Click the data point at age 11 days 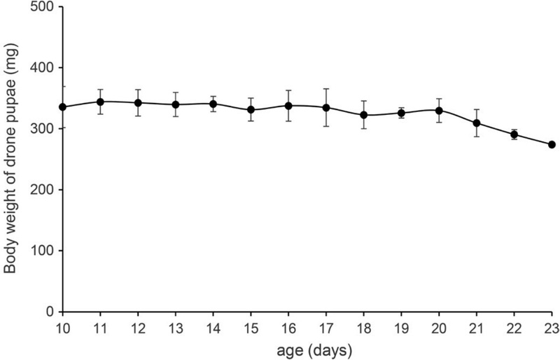(x=101, y=102)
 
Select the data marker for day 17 (x=326, y=107)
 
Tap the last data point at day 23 (x=552, y=144)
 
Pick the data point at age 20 (x=439, y=110)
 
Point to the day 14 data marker (x=213, y=104)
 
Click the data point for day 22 (x=514, y=134)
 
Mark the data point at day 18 (x=364, y=115)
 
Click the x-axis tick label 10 (x=63, y=327)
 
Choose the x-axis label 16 (x=288, y=327)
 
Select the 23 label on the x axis (x=552, y=327)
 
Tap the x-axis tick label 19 (x=401, y=327)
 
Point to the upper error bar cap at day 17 (x=326, y=89)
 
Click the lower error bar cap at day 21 (x=477, y=137)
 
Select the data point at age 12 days (x=139, y=103)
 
